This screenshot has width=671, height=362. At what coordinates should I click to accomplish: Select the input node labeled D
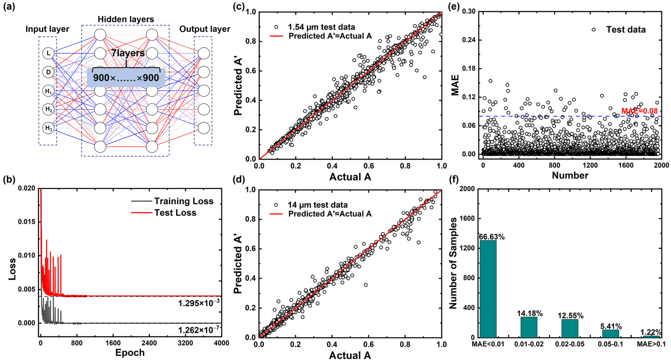(48, 72)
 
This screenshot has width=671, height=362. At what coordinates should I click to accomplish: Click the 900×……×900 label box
(126, 77)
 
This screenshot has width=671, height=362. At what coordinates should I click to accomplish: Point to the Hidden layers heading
(126, 19)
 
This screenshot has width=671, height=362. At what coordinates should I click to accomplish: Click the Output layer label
(205, 29)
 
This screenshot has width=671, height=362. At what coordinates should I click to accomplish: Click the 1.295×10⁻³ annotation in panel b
(199, 303)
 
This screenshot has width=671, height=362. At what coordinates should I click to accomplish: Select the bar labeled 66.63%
(488, 289)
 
